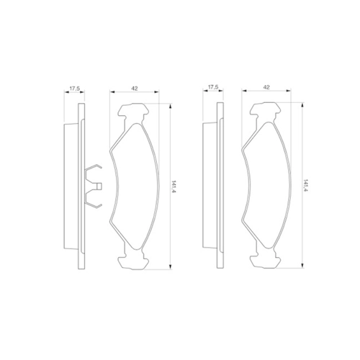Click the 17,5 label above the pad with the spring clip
(x=75, y=89)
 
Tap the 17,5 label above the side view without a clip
(x=213, y=87)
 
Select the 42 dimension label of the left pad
(x=135, y=88)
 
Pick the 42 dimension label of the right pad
(x=266, y=87)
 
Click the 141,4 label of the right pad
(x=306, y=185)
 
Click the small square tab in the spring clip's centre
(x=99, y=186)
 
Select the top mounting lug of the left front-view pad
(x=133, y=112)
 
